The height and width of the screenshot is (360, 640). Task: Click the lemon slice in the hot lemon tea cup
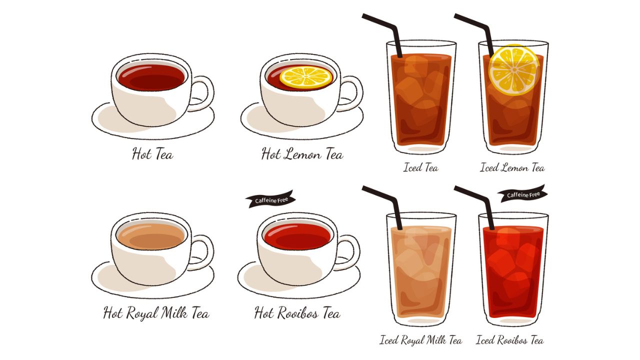tap(305, 77)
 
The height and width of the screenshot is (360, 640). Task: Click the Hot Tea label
tap(152, 153)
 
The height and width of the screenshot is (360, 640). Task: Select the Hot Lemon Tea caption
tap(302, 153)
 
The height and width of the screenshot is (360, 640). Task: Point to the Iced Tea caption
tap(420, 167)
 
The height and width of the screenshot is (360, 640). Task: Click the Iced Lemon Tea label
tap(512, 167)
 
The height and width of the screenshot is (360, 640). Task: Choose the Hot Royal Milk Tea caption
tap(156, 313)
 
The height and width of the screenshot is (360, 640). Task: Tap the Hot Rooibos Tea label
tap(297, 313)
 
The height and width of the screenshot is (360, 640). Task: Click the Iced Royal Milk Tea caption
tap(420, 340)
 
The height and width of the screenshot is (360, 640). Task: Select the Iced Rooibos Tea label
tap(509, 340)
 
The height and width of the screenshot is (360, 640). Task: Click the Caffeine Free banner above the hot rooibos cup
tap(270, 199)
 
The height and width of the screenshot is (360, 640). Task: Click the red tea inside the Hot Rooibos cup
tap(297, 236)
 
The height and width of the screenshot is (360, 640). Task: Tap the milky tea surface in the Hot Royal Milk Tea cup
tap(151, 236)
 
